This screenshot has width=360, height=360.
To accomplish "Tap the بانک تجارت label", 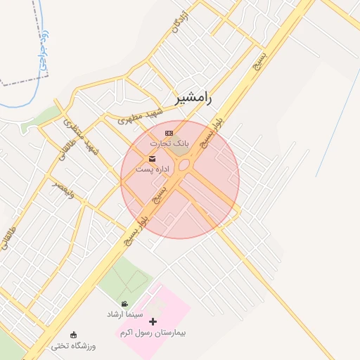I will pos(165,143).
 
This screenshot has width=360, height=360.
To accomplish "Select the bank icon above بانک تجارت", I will pos(168,133).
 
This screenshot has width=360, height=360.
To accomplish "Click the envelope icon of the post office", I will pos(153,157).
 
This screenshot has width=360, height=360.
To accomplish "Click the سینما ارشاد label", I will pos(125,314).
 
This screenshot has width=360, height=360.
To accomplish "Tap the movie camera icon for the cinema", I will pos(124,304).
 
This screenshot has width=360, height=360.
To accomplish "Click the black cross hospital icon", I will pos(153,321).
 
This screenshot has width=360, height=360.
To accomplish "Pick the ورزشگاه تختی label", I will pos(73,346).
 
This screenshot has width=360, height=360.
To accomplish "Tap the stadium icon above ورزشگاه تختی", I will pos(74,335).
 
